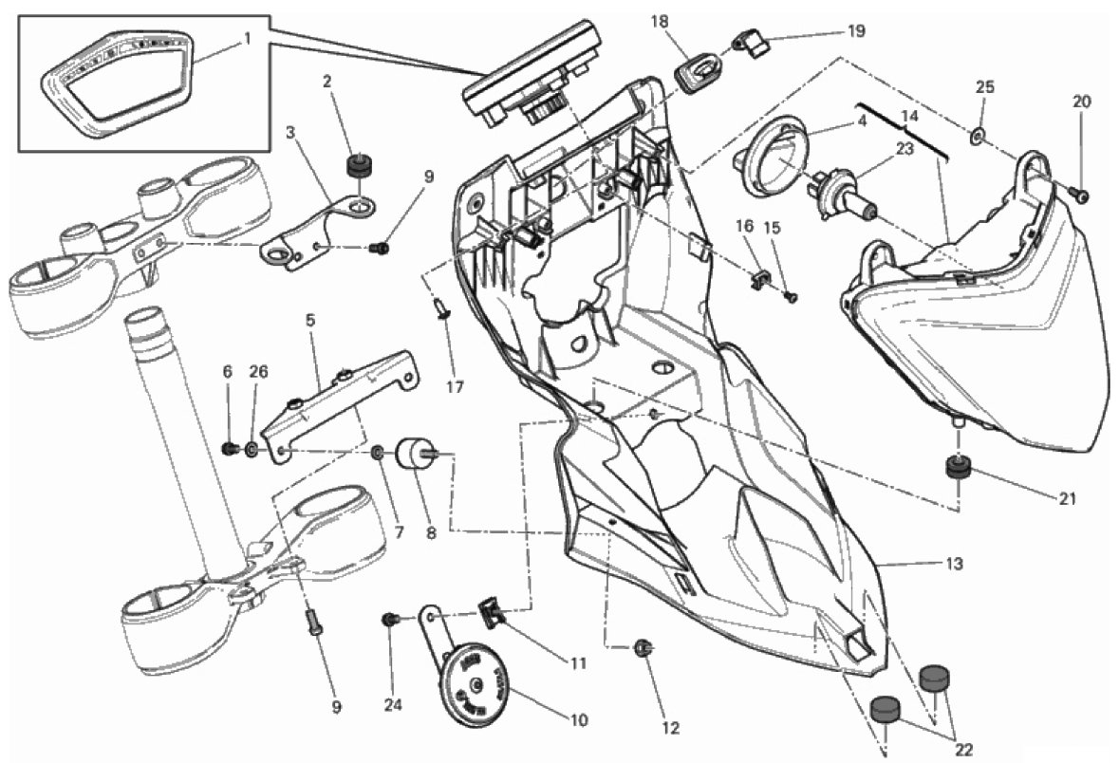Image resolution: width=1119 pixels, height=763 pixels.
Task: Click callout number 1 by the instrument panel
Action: (x=247, y=39)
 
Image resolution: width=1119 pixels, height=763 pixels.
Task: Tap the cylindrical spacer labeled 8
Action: (x=415, y=455)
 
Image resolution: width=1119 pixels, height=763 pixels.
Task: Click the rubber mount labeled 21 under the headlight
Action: (x=958, y=468)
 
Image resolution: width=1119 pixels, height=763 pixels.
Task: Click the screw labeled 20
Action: (x=1082, y=195)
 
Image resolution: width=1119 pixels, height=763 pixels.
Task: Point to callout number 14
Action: (x=909, y=117)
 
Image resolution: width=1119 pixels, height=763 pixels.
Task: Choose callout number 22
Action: (x=964, y=750)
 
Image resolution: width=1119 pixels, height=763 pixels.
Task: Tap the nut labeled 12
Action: (x=642, y=649)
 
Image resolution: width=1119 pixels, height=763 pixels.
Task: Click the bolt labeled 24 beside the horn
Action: (x=388, y=620)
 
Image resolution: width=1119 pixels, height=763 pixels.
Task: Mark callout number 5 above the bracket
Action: (x=309, y=321)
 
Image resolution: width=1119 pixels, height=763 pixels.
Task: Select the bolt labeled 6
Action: (x=229, y=448)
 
